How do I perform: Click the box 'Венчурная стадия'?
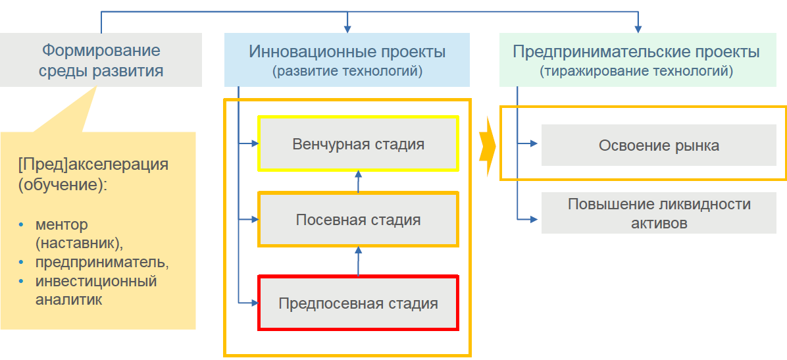[358, 143]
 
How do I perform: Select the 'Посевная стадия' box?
[358, 220]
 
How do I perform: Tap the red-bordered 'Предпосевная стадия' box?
[358, 303]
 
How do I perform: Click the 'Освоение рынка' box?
[659, 145]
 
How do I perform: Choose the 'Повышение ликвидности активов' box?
[659, 213]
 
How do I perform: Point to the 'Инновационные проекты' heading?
[347, 51]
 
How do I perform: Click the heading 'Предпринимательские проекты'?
[636, 51]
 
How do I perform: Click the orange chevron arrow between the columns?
[486, 146]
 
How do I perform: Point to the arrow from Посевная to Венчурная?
[359, 181]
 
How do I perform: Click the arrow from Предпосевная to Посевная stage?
[359, 261]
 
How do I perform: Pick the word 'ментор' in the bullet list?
[62, 225]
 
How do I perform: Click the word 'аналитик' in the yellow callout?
[69, 299]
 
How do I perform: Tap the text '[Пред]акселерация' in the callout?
[93, 164]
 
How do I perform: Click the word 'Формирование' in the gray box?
[101, 50]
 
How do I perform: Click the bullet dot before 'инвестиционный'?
[22, 282]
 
